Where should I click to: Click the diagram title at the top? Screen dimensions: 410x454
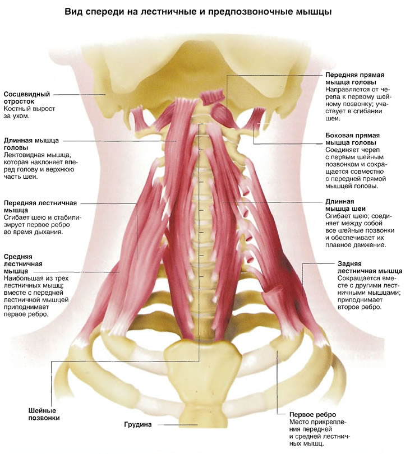point(198,12)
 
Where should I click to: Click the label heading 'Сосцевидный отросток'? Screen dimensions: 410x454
point(27,98)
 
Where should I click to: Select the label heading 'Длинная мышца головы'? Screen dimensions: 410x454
point(31,144)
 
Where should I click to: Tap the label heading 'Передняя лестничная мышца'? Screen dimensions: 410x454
point(40,206)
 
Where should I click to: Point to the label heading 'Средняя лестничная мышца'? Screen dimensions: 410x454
point(23,264)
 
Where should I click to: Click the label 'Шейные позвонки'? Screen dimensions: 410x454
point(44,414)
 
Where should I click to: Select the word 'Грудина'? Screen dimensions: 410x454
point(138,425)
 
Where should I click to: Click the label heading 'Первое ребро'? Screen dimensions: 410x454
point(312,414)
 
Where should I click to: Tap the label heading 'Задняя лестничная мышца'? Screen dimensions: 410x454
point(370,267)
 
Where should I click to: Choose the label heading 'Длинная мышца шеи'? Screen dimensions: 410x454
point(345,205)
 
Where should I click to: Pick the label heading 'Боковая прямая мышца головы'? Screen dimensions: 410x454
point(352,139)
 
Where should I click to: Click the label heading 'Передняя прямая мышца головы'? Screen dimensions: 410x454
point(354,78)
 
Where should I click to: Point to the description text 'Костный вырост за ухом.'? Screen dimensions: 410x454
point(29,112)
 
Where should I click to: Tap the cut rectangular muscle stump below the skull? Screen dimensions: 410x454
point(213,97)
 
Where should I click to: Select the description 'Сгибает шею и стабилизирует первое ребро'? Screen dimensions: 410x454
point(43,224)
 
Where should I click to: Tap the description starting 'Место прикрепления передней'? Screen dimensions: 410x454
point(320,433)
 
